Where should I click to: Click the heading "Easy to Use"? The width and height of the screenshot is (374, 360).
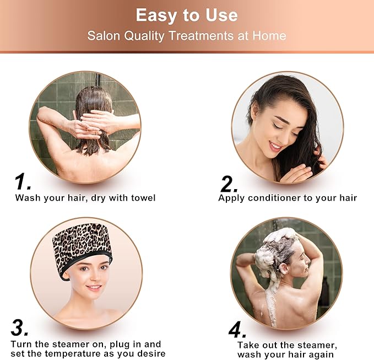click(x=187, y=15)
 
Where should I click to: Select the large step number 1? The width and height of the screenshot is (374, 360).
click(x=22, y=182)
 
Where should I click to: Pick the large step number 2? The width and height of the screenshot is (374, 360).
click(x=229, y=184)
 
